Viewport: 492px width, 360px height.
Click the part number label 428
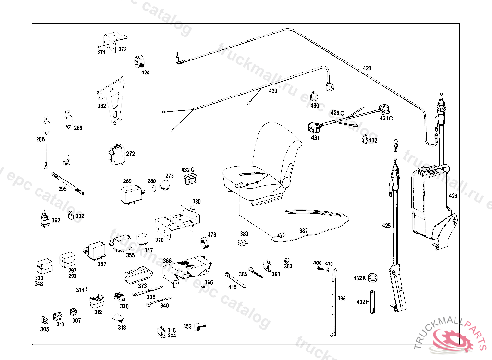pyautogui.click(x=367, y=68)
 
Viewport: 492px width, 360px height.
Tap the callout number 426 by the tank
pyautogui.click(x=453, y=196)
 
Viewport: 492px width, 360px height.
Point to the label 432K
pyautogui.click(x=359, y=278)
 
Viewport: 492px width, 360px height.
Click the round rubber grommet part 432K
pyautogui.click(x=373, y=277)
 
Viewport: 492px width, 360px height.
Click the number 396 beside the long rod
pyautogui.click(x=341, y=299)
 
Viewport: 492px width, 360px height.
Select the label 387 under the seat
pyautogui.click(x=303, y=231)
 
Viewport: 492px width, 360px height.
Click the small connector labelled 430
pyautogui.click(x=314, y=96)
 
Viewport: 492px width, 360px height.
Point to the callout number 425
pyautogui.click(x=386, y=225)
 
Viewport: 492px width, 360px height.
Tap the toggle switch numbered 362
pyautogui.click(x=45, y=219)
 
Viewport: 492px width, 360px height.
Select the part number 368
pyautogui.click(x=167, y=261)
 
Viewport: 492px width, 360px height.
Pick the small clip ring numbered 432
pyautogui.click(x=364, y=140)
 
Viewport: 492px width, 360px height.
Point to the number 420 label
pyautogui.click(x=145, y=72)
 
